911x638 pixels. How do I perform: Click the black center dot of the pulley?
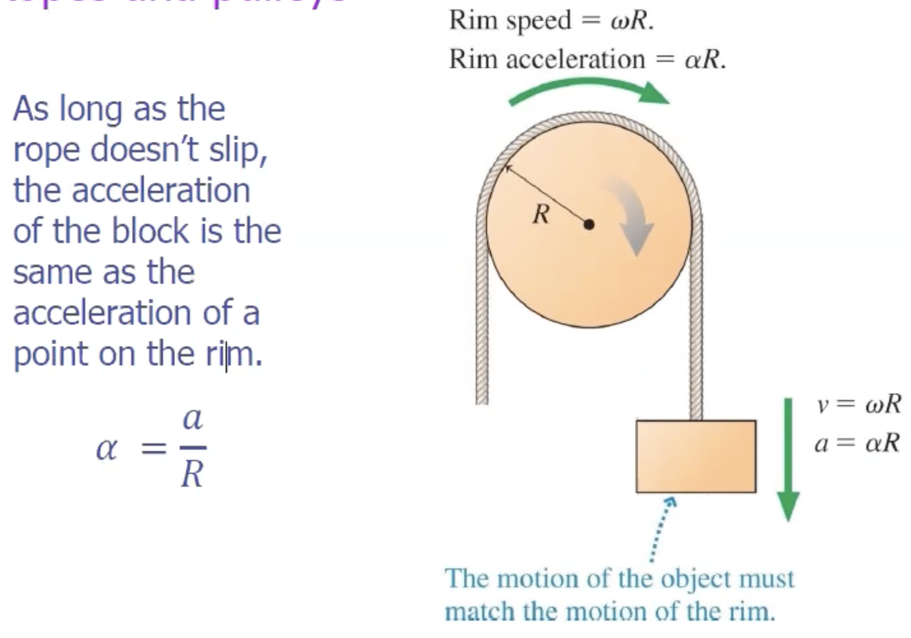click(x=589, y=224)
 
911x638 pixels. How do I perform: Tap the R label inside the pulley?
click(x=541, y=215)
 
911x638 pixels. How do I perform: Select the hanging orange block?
click(x=696, y=456)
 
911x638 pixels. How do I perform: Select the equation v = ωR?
click(x=859, y=404)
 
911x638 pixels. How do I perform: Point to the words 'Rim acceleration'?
click(x=546, y=59)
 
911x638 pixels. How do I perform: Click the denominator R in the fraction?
click(x=192, y=474)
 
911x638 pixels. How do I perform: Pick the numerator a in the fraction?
click(x=193, y=419)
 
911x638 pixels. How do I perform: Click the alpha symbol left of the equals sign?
click(x=106, y=448)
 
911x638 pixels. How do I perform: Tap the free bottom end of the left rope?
click(x=482, y=399)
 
